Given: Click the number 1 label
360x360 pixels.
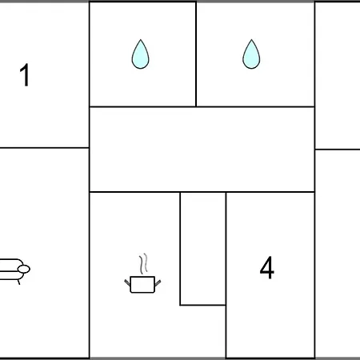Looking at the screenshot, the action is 25,75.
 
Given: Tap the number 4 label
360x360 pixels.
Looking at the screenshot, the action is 266,267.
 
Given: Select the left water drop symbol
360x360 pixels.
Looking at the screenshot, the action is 141,54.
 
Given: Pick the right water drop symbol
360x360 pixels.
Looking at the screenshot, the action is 251,54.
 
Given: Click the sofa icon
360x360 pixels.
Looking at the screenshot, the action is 14,270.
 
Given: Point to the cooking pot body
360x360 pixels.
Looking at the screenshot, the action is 142,285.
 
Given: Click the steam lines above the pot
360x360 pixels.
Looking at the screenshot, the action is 143,263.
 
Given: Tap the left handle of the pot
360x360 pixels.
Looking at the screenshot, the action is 127,282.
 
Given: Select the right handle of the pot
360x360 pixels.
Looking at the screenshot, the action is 158,282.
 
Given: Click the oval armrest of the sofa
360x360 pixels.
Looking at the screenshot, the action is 24,269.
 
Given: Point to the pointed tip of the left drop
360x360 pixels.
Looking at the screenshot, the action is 141,39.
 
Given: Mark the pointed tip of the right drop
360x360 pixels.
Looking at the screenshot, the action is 251,39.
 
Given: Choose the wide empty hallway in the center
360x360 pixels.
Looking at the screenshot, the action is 202,150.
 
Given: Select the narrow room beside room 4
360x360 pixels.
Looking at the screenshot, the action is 203,249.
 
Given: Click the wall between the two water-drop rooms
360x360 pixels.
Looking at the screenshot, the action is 196,54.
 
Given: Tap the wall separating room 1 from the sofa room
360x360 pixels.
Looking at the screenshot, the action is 44,147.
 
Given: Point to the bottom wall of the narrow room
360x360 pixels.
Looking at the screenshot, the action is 203,305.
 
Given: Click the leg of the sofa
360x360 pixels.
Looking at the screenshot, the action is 18,282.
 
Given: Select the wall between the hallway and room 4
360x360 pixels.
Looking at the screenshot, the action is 270,192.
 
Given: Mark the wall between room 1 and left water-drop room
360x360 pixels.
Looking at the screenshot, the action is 90,74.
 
